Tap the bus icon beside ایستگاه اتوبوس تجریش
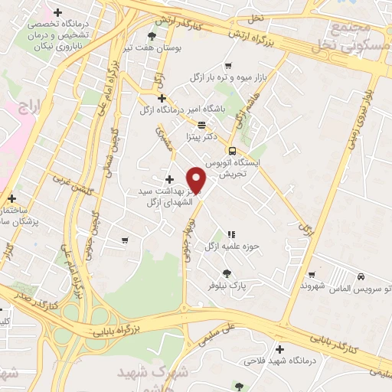coord(232,151)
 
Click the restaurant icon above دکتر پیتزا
coord(201,125)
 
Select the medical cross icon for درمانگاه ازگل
coord(161,98)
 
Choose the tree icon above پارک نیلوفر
coord(227,273)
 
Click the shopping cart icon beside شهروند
coord(312,274)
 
